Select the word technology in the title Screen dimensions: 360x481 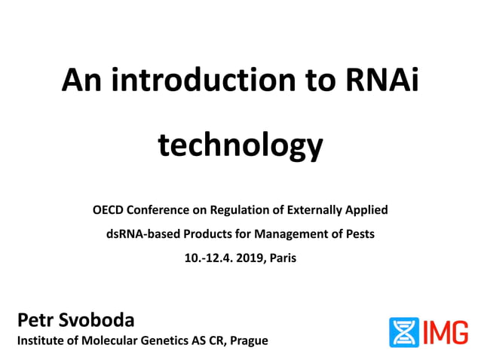click(240, 145)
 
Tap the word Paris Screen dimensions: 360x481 click(282, 258)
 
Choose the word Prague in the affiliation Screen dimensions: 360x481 click(249, 340)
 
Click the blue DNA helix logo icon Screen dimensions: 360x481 click(403, 332)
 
